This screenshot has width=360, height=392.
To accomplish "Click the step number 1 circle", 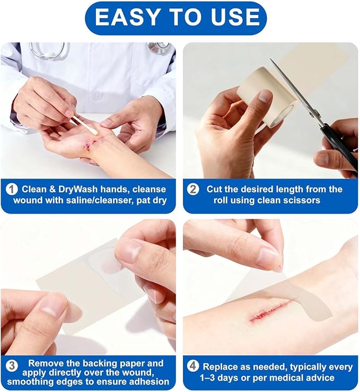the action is point(12,189).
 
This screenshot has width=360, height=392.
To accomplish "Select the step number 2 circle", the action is point(193,189).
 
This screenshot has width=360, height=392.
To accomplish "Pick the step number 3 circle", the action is point(12,366).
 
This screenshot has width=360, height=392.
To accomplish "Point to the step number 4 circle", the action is point(192,366).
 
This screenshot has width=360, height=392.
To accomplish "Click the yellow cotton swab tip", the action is point(95,132).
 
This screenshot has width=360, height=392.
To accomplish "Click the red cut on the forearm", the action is point(270,311).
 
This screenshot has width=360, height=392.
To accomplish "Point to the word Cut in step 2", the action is point(214,189).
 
